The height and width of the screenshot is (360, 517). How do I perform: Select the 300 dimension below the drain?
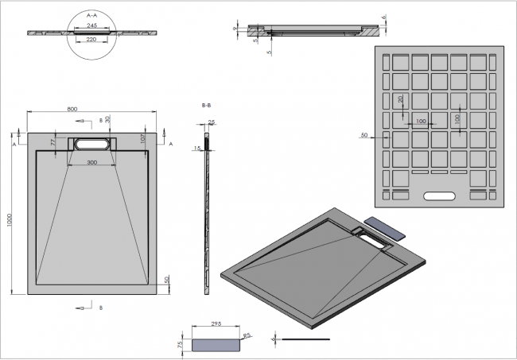click(x=92, y=162)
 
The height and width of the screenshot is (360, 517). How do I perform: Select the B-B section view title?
click(x=206, y=105)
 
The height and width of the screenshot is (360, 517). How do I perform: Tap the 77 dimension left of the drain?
click(x=54, y=141)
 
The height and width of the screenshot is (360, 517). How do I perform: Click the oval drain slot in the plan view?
click(x=92, y=143)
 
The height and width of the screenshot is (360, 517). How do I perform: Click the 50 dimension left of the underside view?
click(x=363, y=136)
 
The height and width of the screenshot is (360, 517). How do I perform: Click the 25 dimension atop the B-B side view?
click(x=211, y=122)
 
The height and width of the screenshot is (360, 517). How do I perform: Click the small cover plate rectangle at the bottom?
click(x=216, y=343)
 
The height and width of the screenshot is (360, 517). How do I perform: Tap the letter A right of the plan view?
click(x=170, y=143)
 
